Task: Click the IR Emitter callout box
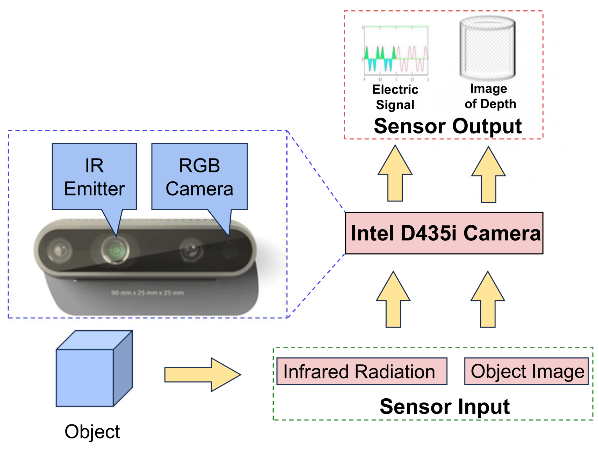tap(94, 176)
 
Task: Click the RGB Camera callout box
tap(199, 176)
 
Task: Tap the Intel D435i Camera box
tap(444, 233)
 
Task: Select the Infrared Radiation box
tap(361, 371)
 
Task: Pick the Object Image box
tap(526, 371)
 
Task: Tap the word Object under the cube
tap(92, 431)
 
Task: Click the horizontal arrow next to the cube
tap(202, 374)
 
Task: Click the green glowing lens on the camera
tap(115, 250)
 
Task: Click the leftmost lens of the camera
tap(59, 250)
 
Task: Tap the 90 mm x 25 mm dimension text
tap(147, 293)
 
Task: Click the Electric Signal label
tap(395, 97)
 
